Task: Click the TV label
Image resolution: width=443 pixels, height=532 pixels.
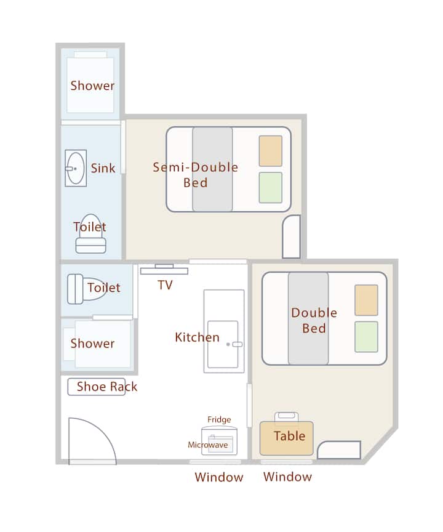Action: tap(165, 285)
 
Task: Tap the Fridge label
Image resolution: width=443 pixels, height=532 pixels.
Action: tap(219, 420)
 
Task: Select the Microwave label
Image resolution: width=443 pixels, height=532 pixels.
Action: tap(208, 445)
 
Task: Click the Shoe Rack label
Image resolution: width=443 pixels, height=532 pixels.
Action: tap(107, 387)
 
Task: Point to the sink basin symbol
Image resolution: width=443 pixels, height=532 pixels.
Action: tap(76, 168)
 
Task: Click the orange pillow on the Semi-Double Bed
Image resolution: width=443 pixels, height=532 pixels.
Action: tap(271, 151)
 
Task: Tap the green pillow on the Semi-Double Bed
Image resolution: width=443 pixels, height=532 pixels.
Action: tap(271, 188)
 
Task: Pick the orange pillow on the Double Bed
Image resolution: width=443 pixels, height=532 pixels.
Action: tap(366, 300)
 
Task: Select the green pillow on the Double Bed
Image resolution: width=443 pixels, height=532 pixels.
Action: tap(366, 337)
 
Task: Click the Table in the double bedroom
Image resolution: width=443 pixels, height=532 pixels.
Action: tap(286, 438)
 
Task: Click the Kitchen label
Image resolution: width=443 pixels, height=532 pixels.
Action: tap(198, 337)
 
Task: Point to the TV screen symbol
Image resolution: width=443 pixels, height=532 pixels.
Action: tap(164, 270)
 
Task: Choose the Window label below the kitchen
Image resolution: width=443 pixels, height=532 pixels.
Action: tap(219, 477)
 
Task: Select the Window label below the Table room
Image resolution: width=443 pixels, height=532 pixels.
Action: tap(287, 477)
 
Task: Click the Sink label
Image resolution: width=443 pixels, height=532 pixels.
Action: tap(103, 168)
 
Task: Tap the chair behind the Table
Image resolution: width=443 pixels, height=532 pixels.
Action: tap(286, 417)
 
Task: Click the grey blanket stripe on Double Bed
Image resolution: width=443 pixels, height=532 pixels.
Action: tap(308, 318)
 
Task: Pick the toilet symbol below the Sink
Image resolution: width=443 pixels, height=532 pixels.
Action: tap(90, 233)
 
